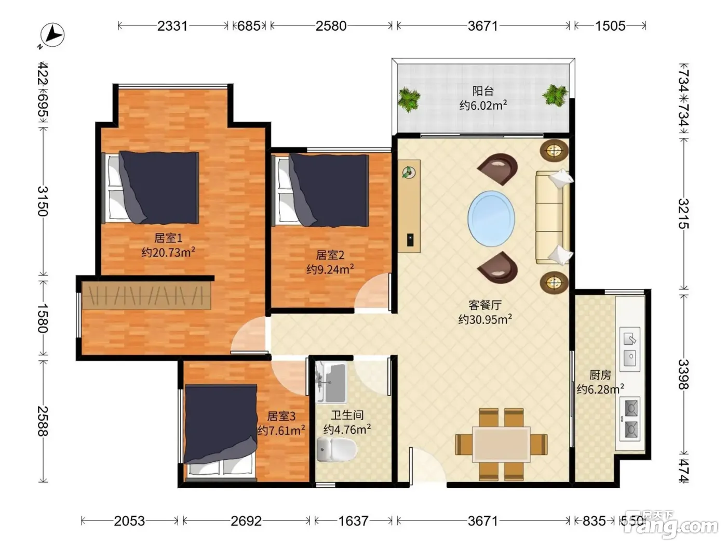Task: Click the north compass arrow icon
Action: (52, 35)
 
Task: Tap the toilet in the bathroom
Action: (336, 449)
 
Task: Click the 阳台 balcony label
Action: (483, 90)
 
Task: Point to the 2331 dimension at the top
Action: (172, 26)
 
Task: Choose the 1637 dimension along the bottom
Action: (353, 521)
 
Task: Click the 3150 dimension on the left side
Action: (43, 201)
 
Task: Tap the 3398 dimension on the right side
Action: (683, 374)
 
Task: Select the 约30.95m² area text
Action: (485, 319)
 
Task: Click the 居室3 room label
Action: (281, 416)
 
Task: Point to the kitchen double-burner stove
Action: (629, 419)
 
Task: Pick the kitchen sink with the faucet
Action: (629, 349)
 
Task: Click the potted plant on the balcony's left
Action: (409, 99)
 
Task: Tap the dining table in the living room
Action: (501, 444)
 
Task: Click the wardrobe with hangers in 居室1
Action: (146, 295)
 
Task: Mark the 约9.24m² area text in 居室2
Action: (330, 269)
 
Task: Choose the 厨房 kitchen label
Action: (600, 375)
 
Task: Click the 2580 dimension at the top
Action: (331, 26)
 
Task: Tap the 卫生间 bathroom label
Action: (347, 415)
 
